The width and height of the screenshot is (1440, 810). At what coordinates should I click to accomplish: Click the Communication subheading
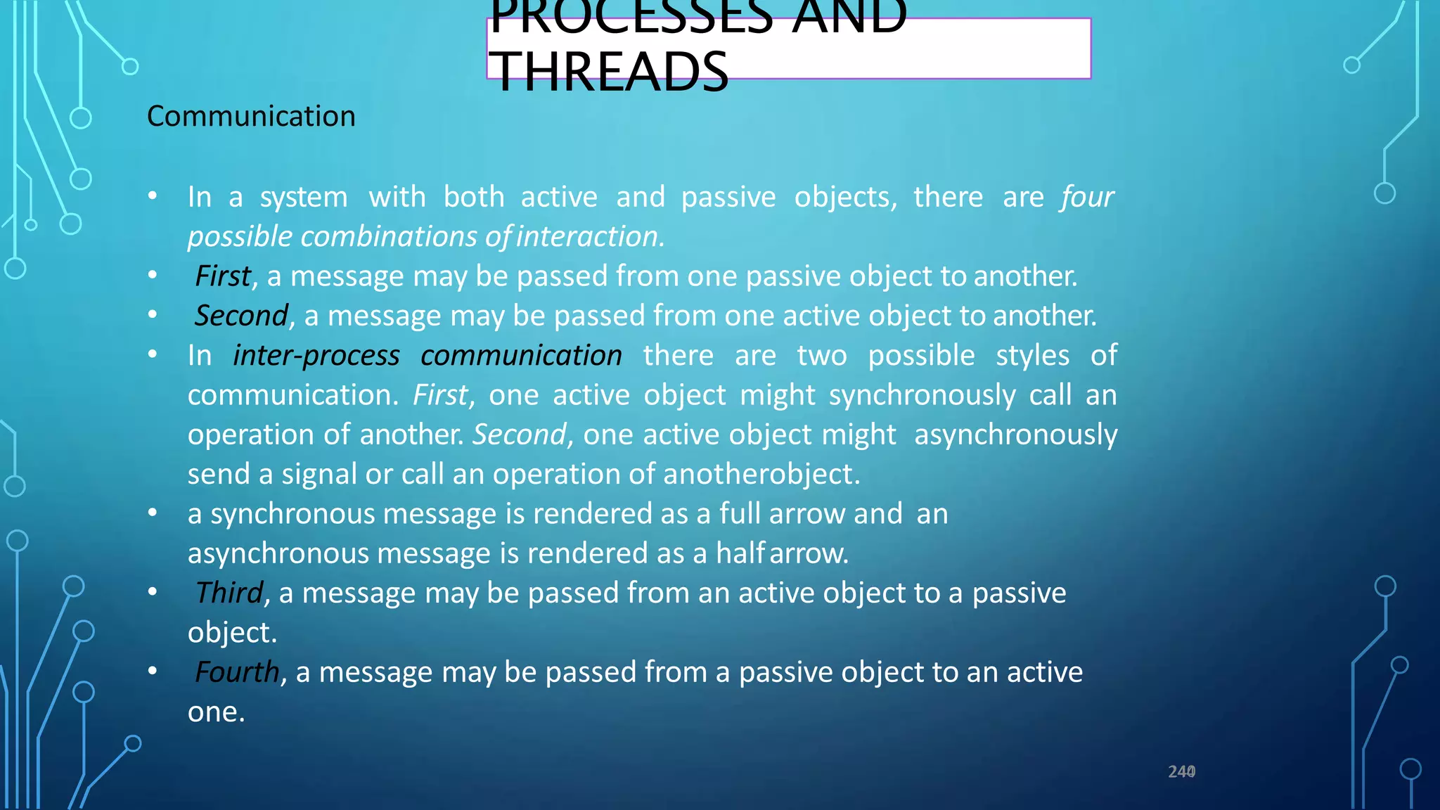[251, 116]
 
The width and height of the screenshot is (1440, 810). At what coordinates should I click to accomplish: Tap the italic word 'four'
[1088, 197]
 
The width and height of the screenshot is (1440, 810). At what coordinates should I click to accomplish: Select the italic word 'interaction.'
[590, 237]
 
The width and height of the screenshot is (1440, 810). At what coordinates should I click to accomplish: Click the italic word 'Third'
[229, 593]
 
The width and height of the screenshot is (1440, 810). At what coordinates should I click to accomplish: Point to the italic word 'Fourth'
[237, 672]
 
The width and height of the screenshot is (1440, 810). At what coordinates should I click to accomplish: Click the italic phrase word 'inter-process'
[316, 356]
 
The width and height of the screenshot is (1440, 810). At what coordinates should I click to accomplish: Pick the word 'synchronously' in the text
[922, 395]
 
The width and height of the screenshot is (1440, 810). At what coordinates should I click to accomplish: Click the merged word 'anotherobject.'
[761, 475]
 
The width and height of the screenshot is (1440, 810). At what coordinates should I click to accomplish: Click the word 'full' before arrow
[740, 514]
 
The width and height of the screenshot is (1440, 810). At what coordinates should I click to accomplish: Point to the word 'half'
[740, 553]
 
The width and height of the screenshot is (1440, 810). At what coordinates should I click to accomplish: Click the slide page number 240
[1181, 772]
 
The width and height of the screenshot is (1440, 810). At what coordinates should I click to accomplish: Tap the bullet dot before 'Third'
[153, 592]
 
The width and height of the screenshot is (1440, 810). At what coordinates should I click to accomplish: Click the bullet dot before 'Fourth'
[153, 671]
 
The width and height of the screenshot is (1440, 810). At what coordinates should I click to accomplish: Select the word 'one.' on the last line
[216, 712]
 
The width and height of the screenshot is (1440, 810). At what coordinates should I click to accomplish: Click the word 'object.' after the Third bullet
[232, 633]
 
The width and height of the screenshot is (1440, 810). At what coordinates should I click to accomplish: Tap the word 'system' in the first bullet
[304, 198]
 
